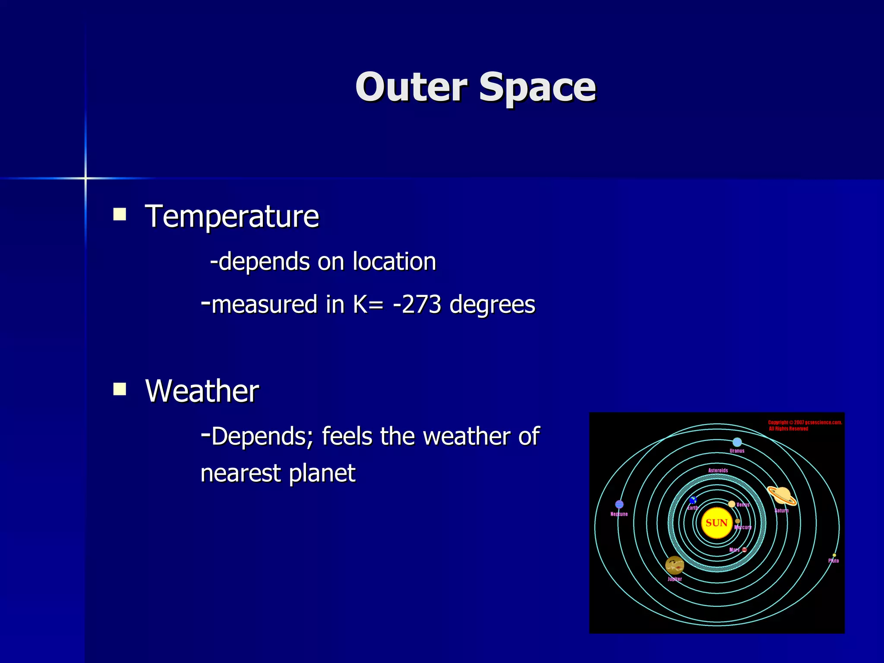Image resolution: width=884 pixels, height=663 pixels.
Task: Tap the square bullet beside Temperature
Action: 120,215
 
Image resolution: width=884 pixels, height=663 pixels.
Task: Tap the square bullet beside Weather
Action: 120,389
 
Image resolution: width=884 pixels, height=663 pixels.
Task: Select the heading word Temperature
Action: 232,216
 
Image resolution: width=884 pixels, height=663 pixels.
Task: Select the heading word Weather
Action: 202,391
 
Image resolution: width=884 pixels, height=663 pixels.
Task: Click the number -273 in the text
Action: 417,304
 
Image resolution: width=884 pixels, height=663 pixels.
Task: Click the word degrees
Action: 492,305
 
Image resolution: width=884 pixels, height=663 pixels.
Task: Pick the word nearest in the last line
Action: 240,473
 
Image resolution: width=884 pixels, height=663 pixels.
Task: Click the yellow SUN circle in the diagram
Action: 717,523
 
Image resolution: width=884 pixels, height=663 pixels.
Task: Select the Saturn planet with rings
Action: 782,495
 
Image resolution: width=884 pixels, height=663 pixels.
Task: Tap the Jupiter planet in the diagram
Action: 674,565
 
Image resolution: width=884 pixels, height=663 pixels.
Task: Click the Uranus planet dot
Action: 737,442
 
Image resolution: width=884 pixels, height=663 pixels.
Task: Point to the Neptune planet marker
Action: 619,504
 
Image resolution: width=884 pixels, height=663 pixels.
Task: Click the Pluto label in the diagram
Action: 833,561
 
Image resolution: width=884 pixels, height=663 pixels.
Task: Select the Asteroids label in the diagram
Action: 718,470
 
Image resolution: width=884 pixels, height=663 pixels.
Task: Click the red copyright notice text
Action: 805,425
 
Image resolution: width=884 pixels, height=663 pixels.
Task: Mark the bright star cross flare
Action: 85,178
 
